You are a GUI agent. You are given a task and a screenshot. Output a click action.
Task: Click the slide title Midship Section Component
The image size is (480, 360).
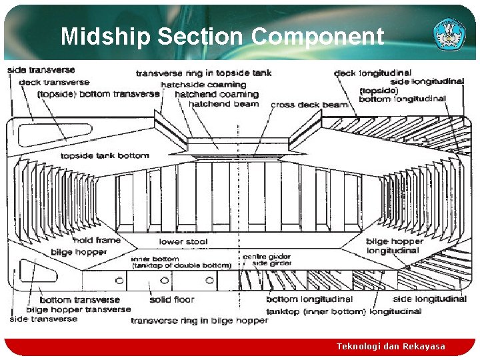tap(222, 36)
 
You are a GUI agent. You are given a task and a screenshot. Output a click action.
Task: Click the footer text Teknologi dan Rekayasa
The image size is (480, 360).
tap(390, 347)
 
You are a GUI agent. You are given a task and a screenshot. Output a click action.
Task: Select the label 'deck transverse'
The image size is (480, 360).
tap(55, 82)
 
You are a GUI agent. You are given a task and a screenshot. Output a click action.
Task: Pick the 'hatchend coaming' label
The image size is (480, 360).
tap(216, 95)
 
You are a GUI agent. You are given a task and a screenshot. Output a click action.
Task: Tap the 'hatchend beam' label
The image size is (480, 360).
tap(223, 104)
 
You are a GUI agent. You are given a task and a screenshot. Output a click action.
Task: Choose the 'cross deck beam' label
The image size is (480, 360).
tap(309, 105)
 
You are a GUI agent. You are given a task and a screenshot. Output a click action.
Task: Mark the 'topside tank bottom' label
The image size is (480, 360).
tap(105, 156)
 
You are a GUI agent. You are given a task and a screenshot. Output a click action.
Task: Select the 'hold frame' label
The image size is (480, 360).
tap(97, 240)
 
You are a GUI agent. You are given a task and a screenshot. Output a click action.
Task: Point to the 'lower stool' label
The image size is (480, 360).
tap(183, 241)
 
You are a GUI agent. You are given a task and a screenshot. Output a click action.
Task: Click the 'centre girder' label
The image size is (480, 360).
tap(267, 257)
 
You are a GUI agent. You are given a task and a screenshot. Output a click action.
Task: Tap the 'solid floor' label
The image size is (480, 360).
tap(172, 300)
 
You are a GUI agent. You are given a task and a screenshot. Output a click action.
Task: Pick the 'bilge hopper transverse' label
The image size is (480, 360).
tap(79, 309)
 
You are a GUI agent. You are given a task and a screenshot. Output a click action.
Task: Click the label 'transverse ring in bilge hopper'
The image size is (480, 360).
tap(199, 321)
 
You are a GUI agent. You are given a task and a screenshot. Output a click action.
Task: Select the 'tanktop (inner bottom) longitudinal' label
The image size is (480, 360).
tap(343, 311)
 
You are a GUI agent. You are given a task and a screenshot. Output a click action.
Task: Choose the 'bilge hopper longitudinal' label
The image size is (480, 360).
tap(394, 246)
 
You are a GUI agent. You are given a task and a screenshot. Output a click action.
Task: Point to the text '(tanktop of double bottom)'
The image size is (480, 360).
tap(181, 265)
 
